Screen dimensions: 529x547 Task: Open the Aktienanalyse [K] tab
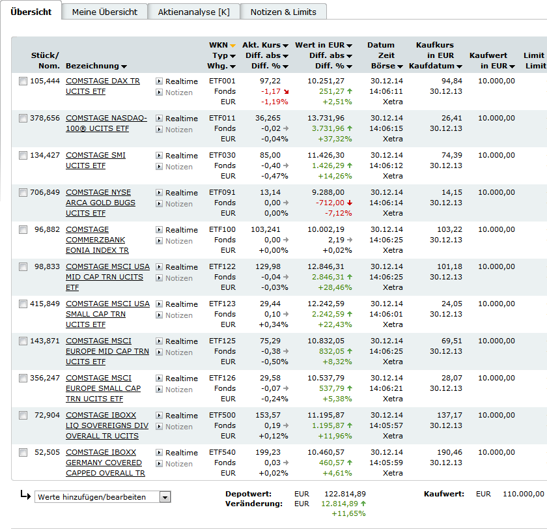[193, 12]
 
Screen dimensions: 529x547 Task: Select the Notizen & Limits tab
[283, 12]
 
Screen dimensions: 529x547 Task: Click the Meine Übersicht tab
[105, 12]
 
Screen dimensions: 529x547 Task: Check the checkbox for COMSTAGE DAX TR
[23, 81]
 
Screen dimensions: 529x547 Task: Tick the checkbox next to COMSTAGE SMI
[23, 156]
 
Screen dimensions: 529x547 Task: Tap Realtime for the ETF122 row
[181, 267]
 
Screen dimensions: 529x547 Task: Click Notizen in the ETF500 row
[178, 427]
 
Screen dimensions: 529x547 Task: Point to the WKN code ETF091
[222, 192]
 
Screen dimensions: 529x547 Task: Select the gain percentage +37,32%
[335, 139]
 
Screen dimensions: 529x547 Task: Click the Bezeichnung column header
[92, 66]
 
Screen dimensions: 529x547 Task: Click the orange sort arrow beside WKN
[232, 46]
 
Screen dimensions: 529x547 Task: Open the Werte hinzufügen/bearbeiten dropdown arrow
[165, 497]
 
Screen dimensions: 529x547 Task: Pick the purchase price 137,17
[450, 415]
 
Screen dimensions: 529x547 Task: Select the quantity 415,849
[45, 304]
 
